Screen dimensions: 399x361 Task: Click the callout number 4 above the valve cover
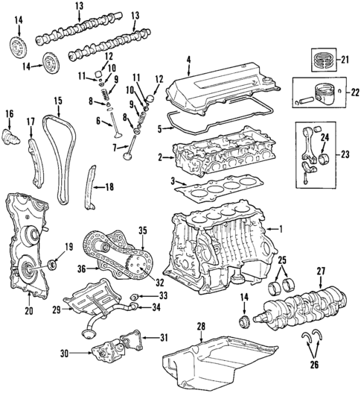point(188,59)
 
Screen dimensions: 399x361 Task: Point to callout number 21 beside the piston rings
point(344,59)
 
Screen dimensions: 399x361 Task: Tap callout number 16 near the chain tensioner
point(10,113)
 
